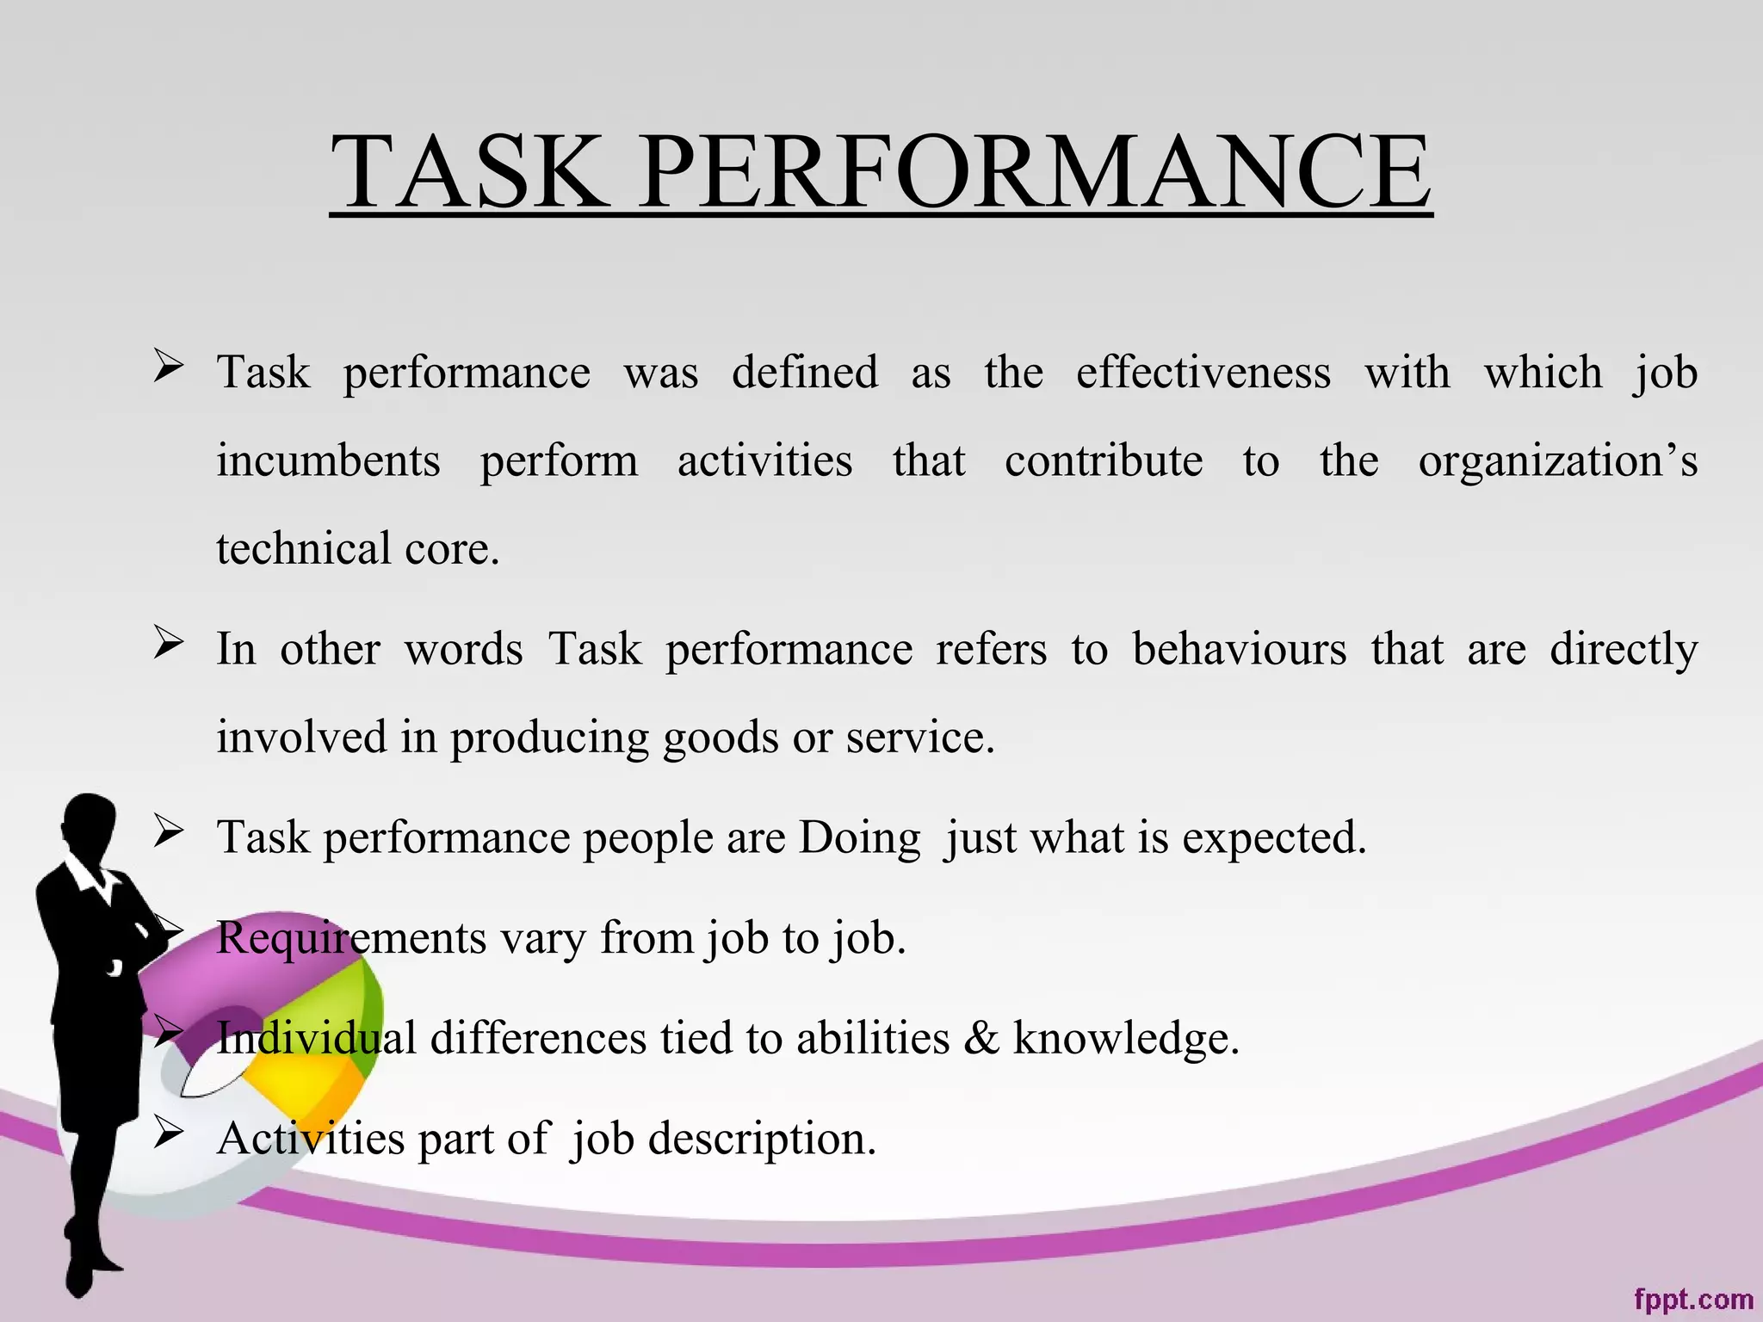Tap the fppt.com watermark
point(1692,1299)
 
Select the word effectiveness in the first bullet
point(1203,373)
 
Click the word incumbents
point(328,460)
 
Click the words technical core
point(357,549)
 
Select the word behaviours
point(1239,649)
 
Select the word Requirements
point(350,938)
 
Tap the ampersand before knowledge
point(980,1038)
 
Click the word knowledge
point(1125,1038)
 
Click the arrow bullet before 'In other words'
point(168,643)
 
